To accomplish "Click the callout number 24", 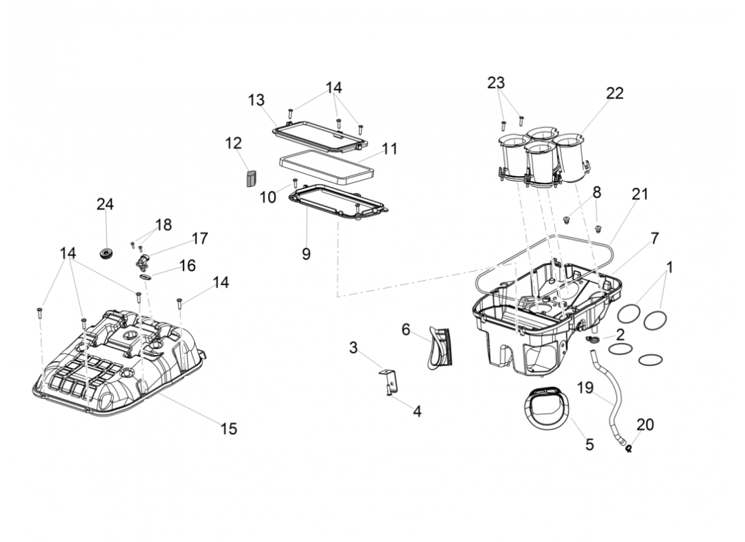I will (105, 204).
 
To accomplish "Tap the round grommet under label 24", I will (106, 253).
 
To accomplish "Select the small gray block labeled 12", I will (251, 178).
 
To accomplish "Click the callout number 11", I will (389, 148).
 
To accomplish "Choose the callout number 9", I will (306, 253).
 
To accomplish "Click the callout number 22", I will (614, 93).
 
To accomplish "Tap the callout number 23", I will (496, 83).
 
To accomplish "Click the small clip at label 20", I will (629, 448).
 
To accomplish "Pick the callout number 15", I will (229, 428).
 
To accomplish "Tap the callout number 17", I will (199, 238).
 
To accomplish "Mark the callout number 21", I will (640, 194).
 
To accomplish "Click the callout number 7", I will (654, 238).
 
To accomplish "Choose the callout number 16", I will (187, 265).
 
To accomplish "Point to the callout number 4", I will (417, 411).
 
